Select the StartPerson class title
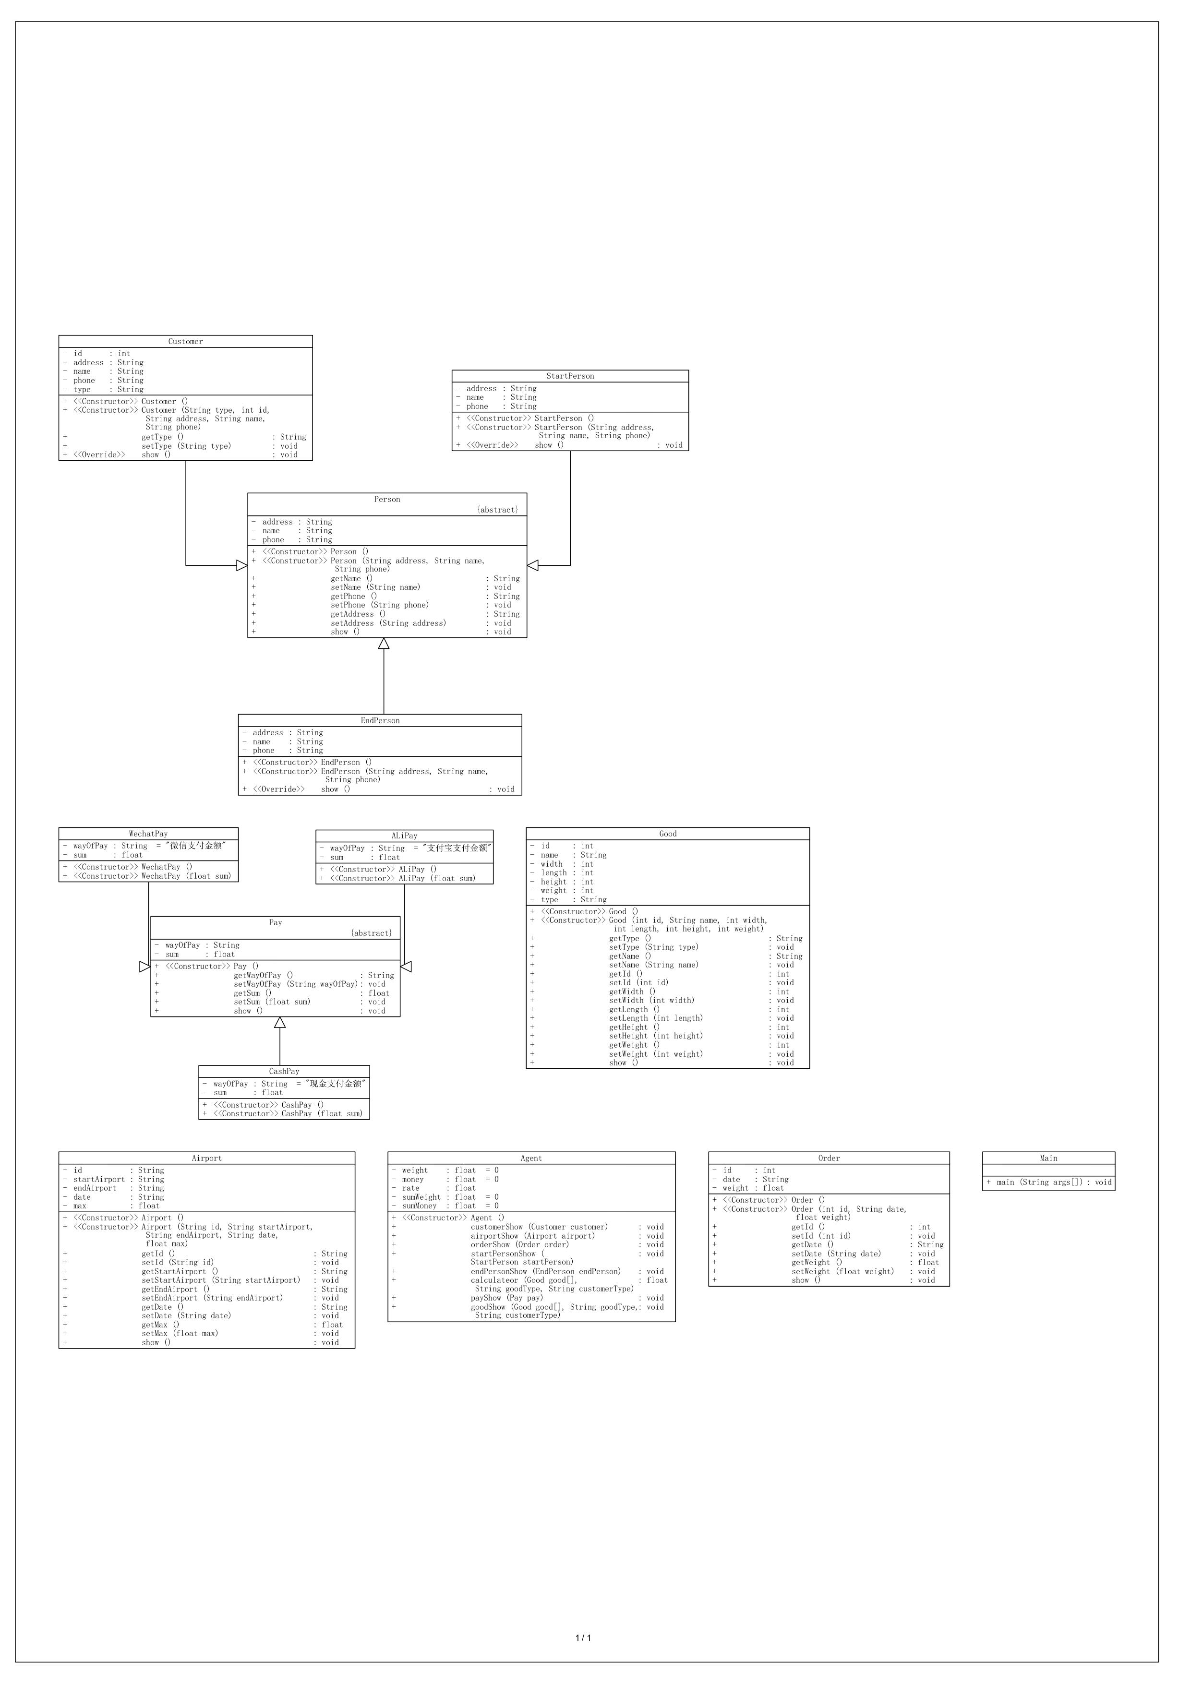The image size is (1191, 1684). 570,376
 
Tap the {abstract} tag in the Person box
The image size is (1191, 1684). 497,510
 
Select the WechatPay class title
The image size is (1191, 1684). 148,834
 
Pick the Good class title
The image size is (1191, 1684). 668,834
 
